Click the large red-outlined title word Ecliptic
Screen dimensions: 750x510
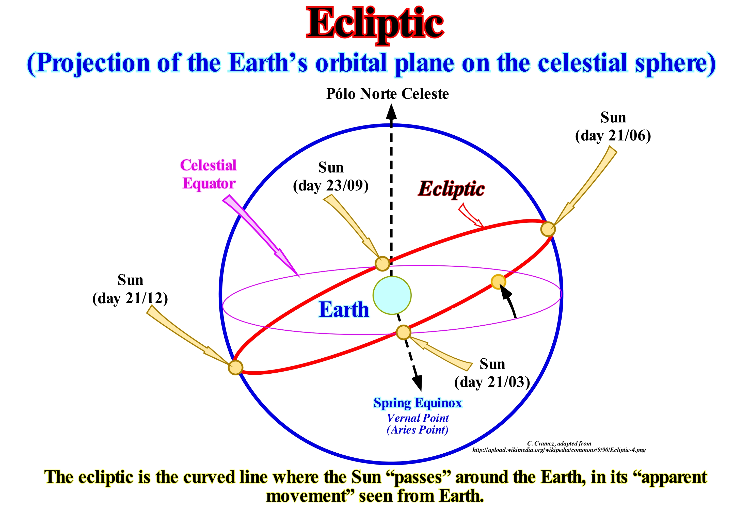pos(375,24)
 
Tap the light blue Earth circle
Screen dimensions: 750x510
pos(392,295)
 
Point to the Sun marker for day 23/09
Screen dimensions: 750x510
pos(382,263)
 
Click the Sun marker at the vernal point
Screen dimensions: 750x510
pos(403,332)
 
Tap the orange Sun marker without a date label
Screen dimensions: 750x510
pos(498,281)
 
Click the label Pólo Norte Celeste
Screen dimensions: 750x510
pos(387,94)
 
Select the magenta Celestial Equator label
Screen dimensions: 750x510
pos(209,174)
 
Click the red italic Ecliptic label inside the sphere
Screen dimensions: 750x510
pos(451,189)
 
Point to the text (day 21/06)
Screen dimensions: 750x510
pos(613,136)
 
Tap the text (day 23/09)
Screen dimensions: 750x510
pos(331,186)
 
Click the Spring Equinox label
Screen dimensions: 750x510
pos(418,403)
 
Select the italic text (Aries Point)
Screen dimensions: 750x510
pos(418,430)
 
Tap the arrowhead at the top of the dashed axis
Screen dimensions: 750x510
pos(391,112)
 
